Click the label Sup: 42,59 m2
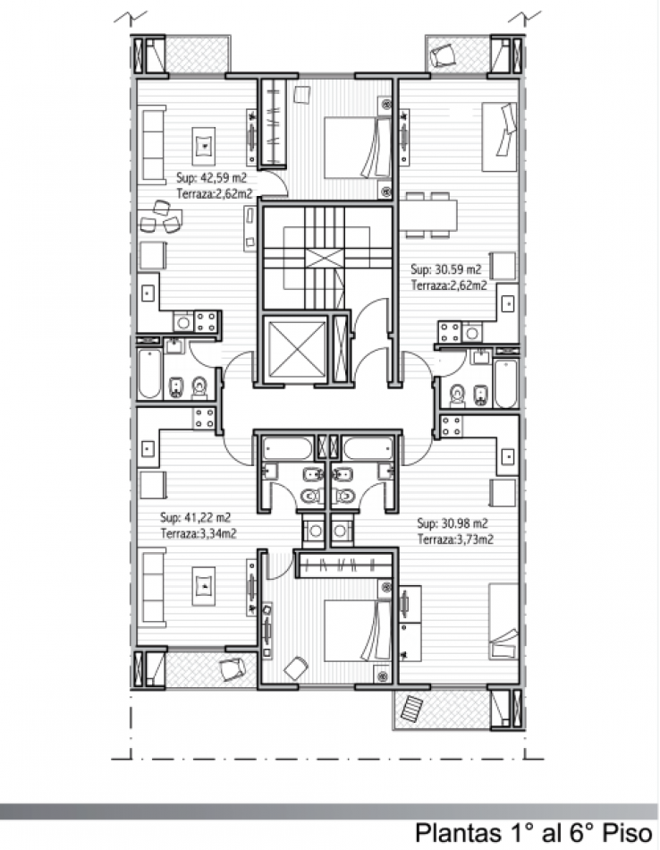coord(211,177)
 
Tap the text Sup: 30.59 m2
coord(445,269)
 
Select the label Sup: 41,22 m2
coord(195,517)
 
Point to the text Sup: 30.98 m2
coord(453,523)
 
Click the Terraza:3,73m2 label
coord(455,540)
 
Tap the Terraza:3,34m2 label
coord(199,533)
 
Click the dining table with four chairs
coord(431,216)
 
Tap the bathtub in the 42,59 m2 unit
coord(149,374)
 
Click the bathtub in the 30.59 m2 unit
coord(505,383)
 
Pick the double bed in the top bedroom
coord(358,148)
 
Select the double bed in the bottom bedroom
coord(358,631)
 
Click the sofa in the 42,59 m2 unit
coord(152,145)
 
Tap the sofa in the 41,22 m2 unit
coord(152,588)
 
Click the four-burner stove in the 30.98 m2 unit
coord(452,426)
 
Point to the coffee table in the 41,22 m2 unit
coord(204,587)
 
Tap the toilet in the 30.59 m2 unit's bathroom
coord(458,395)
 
